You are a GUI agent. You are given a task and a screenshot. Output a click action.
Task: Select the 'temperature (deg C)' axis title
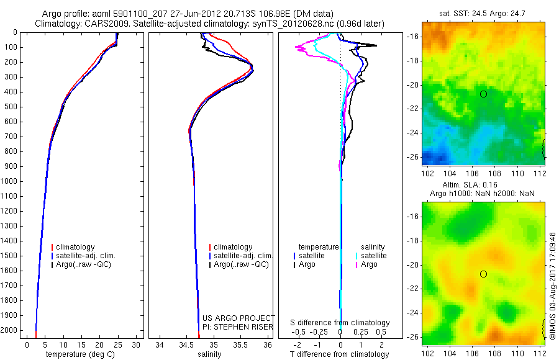point(81,354)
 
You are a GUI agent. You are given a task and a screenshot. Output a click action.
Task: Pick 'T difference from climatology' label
point(340,354)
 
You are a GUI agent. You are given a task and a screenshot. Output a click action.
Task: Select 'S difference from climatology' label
point(340,323)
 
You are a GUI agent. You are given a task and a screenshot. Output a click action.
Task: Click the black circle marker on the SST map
point(483,94)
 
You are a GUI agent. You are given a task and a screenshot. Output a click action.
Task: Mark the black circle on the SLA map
point(483,274)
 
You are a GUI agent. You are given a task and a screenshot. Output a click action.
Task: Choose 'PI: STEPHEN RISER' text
point(239,326)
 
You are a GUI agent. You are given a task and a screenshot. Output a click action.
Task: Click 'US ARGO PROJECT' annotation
point(239,318)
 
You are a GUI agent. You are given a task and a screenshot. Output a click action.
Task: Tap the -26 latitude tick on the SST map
point(412,157)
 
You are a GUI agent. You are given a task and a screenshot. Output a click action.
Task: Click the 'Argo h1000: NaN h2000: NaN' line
point(483,194)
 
